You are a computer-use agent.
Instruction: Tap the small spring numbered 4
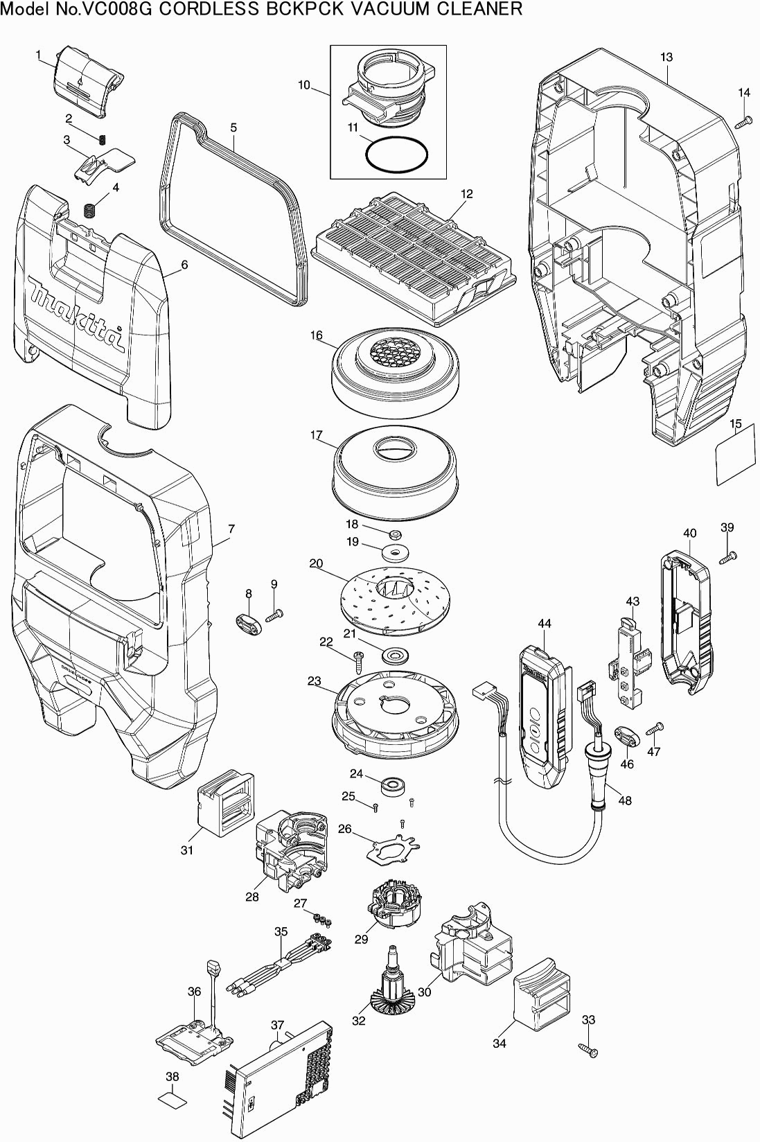click(89, 209)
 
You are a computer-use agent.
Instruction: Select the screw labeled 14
click(743, 123)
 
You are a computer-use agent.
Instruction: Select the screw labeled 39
click(729, 556)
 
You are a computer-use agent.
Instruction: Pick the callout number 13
click(666, 57)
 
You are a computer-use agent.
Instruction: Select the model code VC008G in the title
click(123, 9)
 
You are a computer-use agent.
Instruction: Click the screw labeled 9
click(276, 613)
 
